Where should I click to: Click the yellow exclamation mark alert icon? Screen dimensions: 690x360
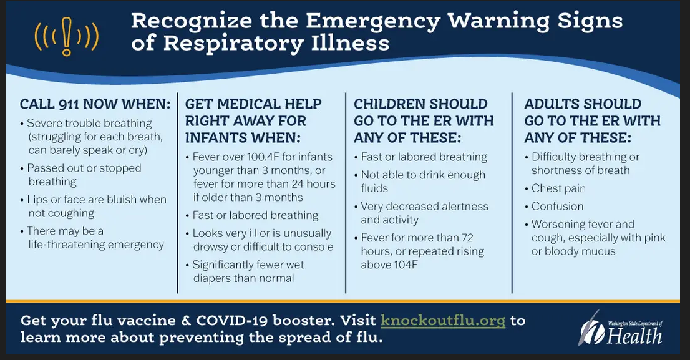tap(67, 36)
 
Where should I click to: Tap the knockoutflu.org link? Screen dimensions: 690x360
tap(443, 321)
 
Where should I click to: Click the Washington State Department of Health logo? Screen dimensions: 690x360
tap(621, 328)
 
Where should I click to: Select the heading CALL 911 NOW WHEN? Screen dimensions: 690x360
tap(95, 104)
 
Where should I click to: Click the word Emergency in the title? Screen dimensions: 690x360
tap(372, 21)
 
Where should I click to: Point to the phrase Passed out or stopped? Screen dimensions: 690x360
tap(84, 168)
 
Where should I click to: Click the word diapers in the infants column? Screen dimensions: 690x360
tap(213, 279)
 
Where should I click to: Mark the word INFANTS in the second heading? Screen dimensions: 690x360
tap(212, 138)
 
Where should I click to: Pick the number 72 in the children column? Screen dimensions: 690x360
tap(467, 238)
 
